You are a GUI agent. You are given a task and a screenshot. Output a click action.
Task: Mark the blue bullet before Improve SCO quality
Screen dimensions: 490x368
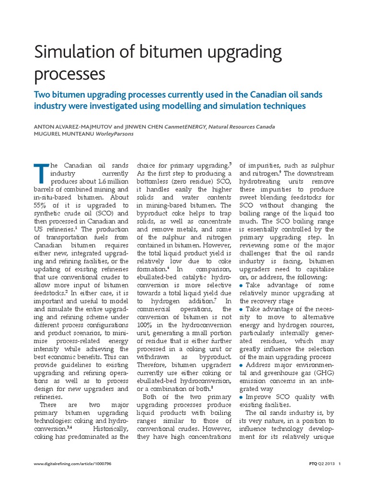[x=241, y=396]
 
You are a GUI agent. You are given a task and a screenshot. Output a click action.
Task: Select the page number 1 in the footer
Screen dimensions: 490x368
[x=340, y=464]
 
